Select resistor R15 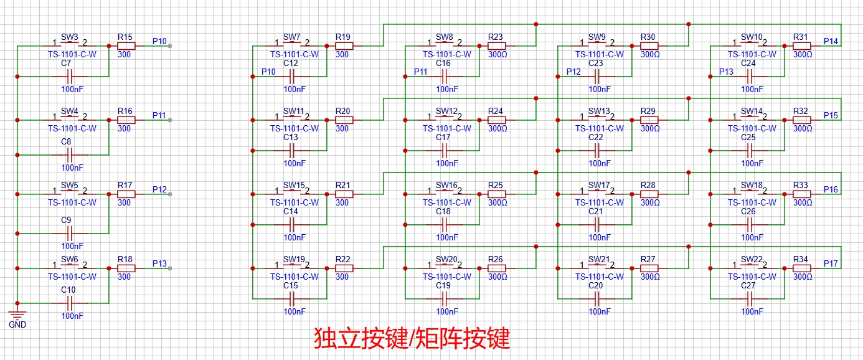point(126,46)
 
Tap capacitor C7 point(69,77)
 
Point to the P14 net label point(830,41)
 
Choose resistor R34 point(802,268)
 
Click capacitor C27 point(751,298)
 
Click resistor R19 point(344,46)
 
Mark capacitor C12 point(292,77)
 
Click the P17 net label point(830,263)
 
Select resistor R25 point(496,194)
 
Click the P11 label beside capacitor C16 point(420,72)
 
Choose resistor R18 point(126,268)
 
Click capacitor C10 point(69,303)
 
